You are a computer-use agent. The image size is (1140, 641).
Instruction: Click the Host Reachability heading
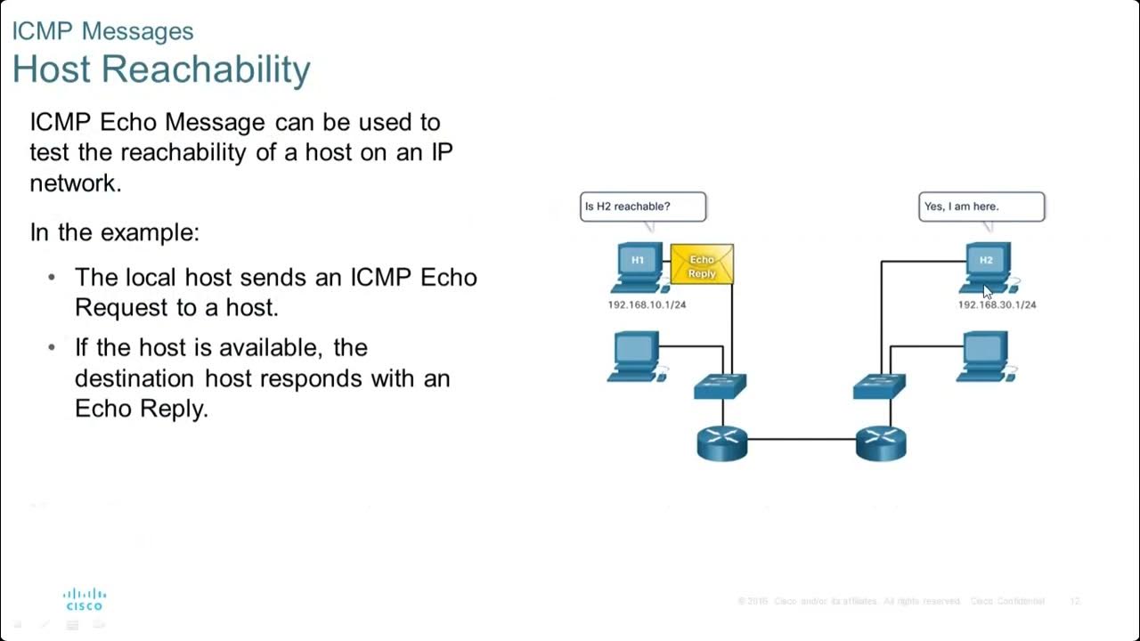[161, 69]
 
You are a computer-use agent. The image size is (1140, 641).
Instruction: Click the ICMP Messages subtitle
[102, 31]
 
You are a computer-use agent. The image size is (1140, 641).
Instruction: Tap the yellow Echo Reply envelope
[702, 265]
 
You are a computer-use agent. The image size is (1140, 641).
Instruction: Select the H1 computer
[639, 266]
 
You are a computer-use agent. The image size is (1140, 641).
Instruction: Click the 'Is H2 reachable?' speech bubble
[642, 207]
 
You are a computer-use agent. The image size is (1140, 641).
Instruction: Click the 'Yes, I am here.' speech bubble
[981, 207]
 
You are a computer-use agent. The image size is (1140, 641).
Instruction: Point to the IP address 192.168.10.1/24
[647, 304]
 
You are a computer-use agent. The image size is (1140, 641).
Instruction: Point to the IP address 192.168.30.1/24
[997, 304]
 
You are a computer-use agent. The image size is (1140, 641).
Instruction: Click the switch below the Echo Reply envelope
[721, 385]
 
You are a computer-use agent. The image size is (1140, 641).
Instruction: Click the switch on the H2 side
[879, 385]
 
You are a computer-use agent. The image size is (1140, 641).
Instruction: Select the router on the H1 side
[722, 442]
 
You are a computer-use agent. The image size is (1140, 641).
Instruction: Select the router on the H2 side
[881, 442]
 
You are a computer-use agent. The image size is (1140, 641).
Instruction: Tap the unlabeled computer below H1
[636, 355]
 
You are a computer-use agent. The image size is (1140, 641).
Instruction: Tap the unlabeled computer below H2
[985, 355]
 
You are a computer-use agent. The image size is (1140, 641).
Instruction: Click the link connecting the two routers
[802, 439]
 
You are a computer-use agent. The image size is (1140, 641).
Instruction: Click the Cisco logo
[85, 598]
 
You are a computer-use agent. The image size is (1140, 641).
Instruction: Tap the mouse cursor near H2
[987, 292]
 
